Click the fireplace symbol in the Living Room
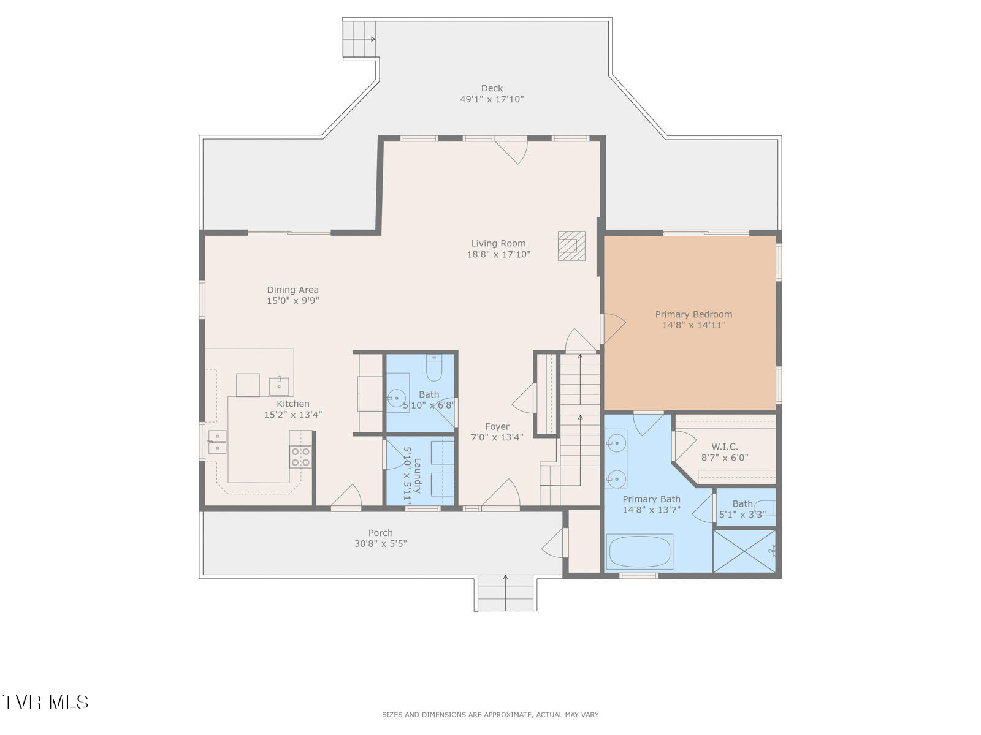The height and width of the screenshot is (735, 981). [x=571, y=246]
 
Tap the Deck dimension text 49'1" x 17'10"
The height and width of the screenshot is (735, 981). [x=492, y=99]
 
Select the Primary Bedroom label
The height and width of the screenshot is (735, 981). [x=693, y=314]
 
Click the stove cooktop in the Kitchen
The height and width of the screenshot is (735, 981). [x=300, y=456]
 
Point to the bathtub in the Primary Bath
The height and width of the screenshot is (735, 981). [x=639, y=552]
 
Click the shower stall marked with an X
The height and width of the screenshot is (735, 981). [x=744, y=551]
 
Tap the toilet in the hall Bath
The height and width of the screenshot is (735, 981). [x=434, y=367]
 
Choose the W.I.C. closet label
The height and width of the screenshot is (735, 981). [x=725, y=447]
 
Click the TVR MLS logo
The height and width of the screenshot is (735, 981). [x=45, y=702]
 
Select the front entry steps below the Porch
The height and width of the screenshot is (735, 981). [x=505, y=594]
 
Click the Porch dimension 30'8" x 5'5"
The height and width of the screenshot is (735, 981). [x=380, y=543]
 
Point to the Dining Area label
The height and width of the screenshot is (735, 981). [x=292, y=290]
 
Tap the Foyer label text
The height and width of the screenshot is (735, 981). [x=497, y=427]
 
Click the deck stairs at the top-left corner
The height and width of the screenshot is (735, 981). [x=359, y=39]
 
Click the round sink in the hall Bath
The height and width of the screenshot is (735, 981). [x=396, y=398]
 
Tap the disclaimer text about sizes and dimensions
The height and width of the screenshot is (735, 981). [x=490, y=714]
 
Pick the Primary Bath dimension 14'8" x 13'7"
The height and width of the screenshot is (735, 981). [x=651, y=510]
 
